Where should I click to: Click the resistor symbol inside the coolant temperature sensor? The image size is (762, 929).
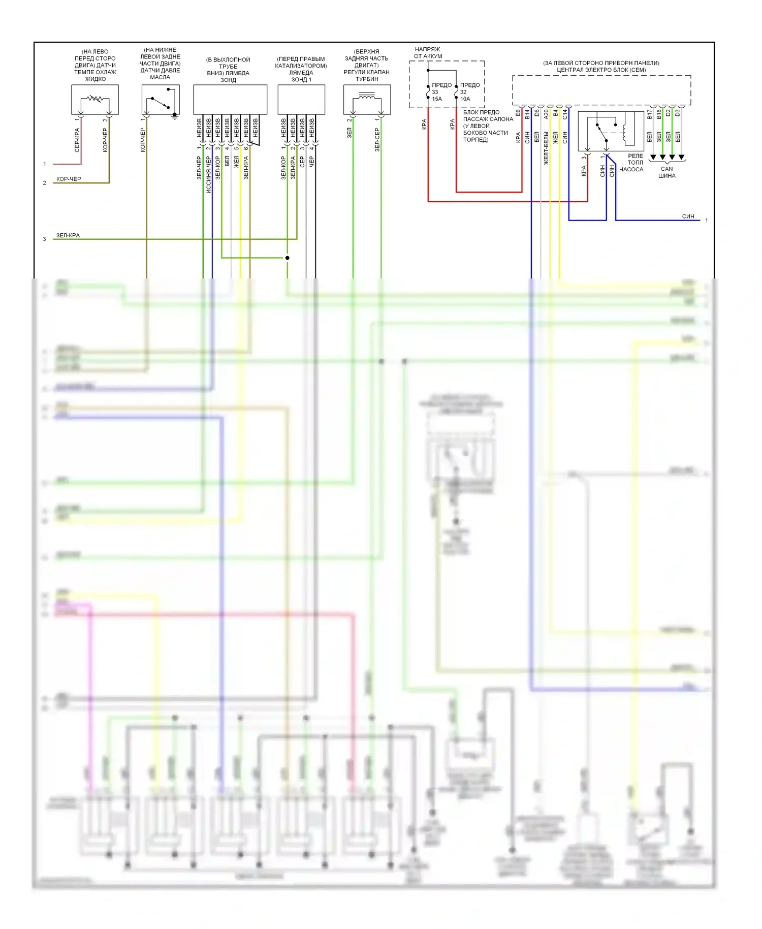click(95, 99)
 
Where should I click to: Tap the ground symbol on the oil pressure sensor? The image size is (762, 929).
click(175, 116)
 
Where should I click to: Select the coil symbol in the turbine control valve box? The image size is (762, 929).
click(367, 96)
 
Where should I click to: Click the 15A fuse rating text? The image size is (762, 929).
click(437, 99)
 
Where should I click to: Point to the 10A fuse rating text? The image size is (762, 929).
click(465, 99)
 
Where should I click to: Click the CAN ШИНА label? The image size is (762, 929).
click(666, 172)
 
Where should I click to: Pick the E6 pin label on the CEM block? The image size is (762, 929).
click(518, 113)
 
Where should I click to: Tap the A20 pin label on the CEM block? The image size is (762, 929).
click(546, 114)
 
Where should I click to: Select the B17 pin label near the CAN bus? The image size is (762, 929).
click(649, 114)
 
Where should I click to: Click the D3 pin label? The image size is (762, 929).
click(678, 113)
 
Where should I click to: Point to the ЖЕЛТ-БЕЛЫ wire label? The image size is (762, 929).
click(546, 148)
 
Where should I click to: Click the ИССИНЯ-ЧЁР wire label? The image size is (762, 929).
click(208, 174)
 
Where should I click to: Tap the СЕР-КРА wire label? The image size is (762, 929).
click(77, 140)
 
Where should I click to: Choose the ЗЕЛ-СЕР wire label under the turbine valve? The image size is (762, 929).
click(377, 140)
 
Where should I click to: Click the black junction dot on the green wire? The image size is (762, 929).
click(287, 258)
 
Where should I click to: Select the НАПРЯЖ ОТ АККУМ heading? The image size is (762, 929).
click(428, 53)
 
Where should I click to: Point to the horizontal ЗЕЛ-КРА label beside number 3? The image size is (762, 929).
click(68, 235)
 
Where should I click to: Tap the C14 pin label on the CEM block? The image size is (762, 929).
click(565, 114)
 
